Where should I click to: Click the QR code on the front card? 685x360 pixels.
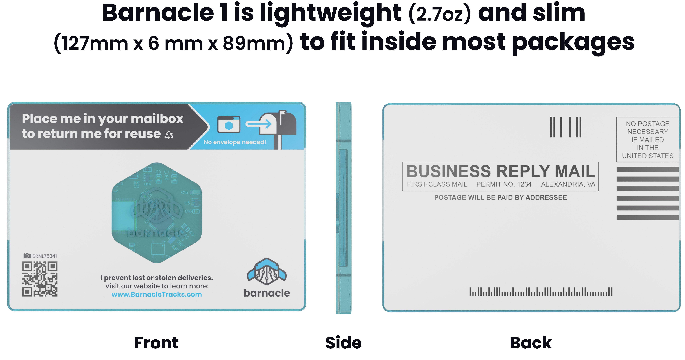pos(40,279)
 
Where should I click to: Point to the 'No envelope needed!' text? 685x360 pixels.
pos(235,142)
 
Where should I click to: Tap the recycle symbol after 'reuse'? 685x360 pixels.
pos(169,135)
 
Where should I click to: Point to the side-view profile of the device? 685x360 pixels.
pos(344,208)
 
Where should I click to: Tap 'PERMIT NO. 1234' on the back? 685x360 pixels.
pos(504,184)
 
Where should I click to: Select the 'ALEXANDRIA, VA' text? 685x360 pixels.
pos(568,184)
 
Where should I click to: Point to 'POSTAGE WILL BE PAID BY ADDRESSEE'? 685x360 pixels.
pos(500,197)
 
